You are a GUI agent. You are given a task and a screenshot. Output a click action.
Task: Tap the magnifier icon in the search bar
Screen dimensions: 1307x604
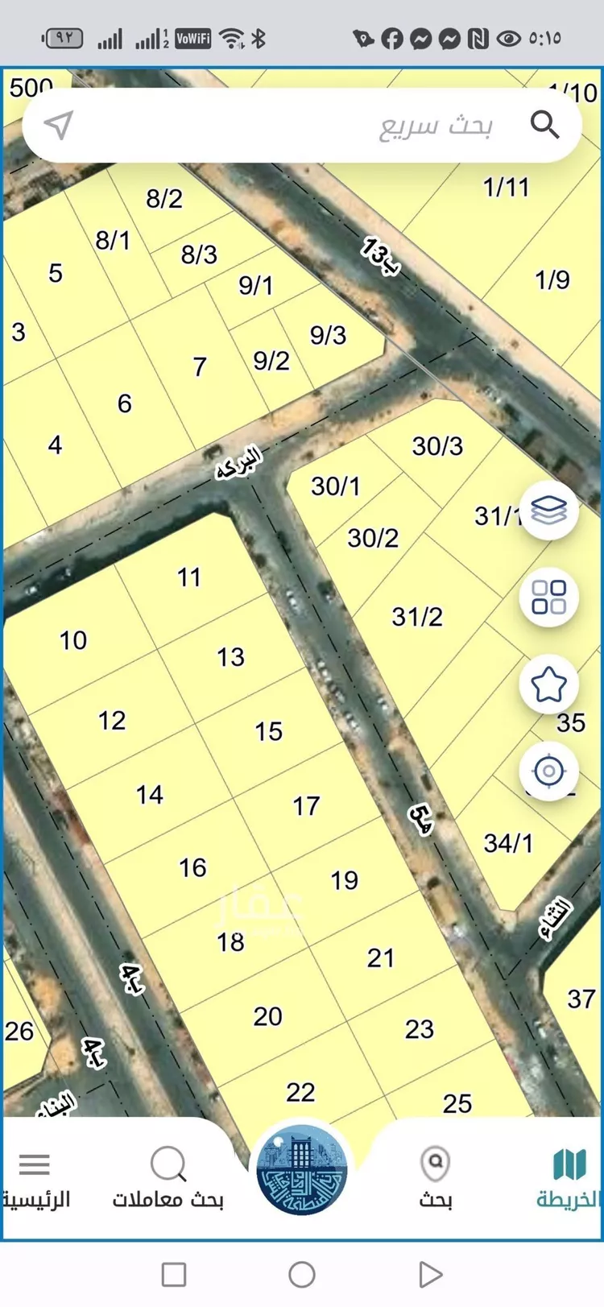[x=544, y=125]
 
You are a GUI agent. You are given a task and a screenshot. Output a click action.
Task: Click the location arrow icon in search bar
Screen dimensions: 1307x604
[x=59, y=125]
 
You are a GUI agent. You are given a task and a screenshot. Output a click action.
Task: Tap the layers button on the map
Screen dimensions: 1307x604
[x=549, y=510]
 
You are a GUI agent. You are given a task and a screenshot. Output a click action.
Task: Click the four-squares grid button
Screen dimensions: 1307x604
[x=549, y=597]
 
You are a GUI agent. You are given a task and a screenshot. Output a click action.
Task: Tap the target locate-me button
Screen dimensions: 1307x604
[x=549, y=771]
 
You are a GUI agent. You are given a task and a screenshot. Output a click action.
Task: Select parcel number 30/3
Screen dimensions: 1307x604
[x=437, y=446]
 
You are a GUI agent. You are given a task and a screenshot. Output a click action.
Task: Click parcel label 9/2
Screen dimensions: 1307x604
[x=271, y=361]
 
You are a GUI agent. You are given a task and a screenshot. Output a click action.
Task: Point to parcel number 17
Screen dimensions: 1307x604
[x=306, y=806]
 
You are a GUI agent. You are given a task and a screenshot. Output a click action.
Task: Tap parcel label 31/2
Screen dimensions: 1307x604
[x=417, y=617]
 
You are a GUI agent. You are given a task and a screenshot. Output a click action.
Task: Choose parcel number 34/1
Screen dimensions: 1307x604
[x=508, y=843]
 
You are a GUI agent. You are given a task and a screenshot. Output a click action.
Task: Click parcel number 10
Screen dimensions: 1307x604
[x=73, y=640]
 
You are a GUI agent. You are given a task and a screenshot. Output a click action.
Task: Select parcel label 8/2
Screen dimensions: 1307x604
[x=164, y=198]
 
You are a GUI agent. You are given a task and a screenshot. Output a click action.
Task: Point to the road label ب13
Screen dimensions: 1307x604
[x=379, y=256]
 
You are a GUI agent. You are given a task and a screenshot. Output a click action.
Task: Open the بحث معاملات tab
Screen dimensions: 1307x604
[x=168, y=1177]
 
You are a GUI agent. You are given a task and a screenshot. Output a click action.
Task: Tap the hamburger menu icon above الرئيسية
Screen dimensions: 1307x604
[x=35, y=1164]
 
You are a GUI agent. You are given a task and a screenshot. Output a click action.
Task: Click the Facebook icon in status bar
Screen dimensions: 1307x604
[x=392, y=39]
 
